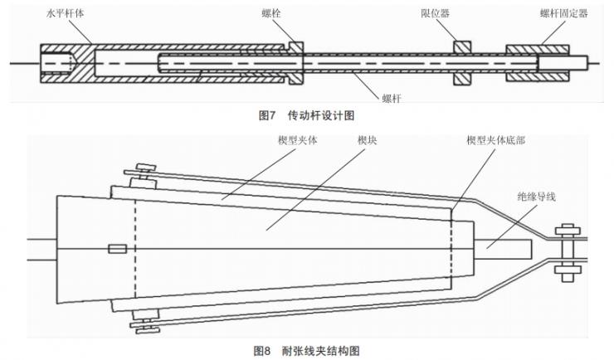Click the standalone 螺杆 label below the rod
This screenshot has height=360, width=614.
click(x=391, y=97)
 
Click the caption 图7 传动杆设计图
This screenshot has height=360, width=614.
click(x=307, y=115)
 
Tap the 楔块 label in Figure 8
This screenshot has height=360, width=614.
click(x=368, y=141)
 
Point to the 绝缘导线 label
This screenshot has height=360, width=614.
click(x=535, y=197)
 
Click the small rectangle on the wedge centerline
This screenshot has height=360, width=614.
click(x=117, y=248)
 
